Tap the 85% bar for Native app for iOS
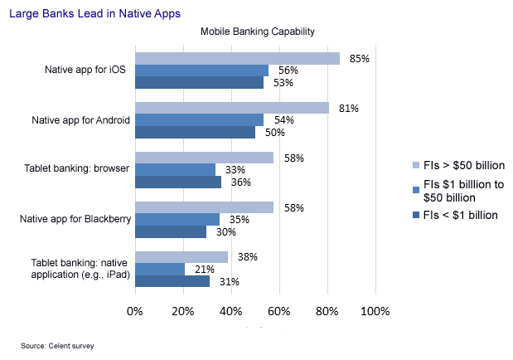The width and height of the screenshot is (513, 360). pyautogui.click(x=237, y=58)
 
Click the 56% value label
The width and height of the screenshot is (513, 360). pyautogui.click(x=289, y=71)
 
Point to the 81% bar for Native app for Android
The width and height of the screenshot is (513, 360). pyautogui.click(x=232, y=108)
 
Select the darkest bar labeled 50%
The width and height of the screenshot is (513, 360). pyautogui.click(x=195, y=132)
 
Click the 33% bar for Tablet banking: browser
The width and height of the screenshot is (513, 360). pyautogui.click(x=175, y=170)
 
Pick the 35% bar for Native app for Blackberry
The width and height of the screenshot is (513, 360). pyautogui.click(x=177, y=219)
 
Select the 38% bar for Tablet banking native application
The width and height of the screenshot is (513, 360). pyautogui.click(x=181, y=257)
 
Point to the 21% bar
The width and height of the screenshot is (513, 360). pyautogui.click(x=159, y=269)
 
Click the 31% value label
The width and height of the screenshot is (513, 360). pyautogui.click(x=229, y=282)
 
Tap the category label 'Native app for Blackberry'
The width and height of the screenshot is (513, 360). pyautogui.click(x=75, y=220)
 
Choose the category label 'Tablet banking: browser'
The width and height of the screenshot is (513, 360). pyautogui.click(x=76, y=170)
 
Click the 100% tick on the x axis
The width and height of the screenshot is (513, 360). pyautogui.click(x=375, y=311)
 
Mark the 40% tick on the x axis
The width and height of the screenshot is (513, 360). pyautogui.click(x=230, y=311)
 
